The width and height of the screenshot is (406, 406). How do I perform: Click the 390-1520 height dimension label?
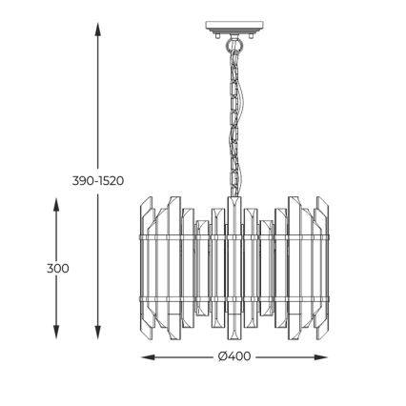tap(98, 181)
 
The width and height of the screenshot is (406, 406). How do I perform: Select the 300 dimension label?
tap(57, 269)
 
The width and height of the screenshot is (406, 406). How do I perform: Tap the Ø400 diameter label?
tap(234, 356)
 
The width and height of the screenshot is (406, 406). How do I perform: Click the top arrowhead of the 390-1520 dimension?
tap(98, 30)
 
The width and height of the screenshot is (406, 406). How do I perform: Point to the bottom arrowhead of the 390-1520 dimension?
tap(98, 332)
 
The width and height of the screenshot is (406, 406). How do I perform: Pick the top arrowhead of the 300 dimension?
tap(56, 205)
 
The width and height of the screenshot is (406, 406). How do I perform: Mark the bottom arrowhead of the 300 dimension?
tap(56, 332)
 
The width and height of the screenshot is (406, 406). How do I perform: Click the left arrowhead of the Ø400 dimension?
tap(149, 357)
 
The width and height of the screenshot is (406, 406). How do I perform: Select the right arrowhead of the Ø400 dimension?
tap(320, 357)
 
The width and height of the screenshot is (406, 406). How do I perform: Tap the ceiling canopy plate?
tap(234, 27)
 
